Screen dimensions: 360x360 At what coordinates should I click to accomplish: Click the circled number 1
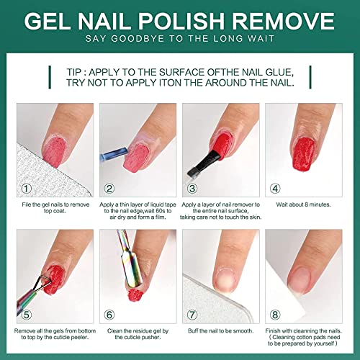point(27,189)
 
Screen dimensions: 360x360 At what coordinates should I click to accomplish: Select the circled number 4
point(275,189)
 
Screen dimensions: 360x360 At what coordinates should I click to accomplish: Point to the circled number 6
point(109,315)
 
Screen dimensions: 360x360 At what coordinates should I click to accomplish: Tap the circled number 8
point(275,315)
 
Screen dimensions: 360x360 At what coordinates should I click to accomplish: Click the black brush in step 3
point(204,163)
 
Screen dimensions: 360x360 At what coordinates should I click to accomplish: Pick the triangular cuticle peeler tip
point(41,283)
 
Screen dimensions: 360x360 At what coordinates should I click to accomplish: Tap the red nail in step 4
point(304,153)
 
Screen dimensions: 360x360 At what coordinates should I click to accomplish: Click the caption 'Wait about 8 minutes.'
point(303,204)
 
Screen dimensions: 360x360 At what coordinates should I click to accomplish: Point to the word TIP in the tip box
point(73,72)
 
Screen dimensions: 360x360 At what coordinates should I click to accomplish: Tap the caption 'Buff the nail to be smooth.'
point(220,331)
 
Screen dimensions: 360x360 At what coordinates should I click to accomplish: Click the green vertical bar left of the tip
point(50,77)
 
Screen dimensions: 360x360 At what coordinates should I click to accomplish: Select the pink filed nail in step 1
point(54,152)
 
